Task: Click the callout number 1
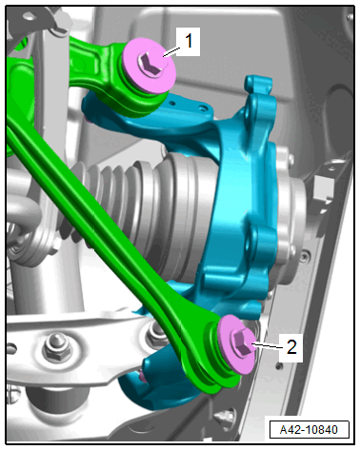(x=189, y=41)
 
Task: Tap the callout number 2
(x=291, y=346)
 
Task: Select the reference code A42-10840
(x=309, y=430)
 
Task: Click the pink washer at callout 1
(x=150, y=66)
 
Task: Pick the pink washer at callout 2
(x=236, y=344)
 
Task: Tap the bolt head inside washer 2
(x=242, y=342)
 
